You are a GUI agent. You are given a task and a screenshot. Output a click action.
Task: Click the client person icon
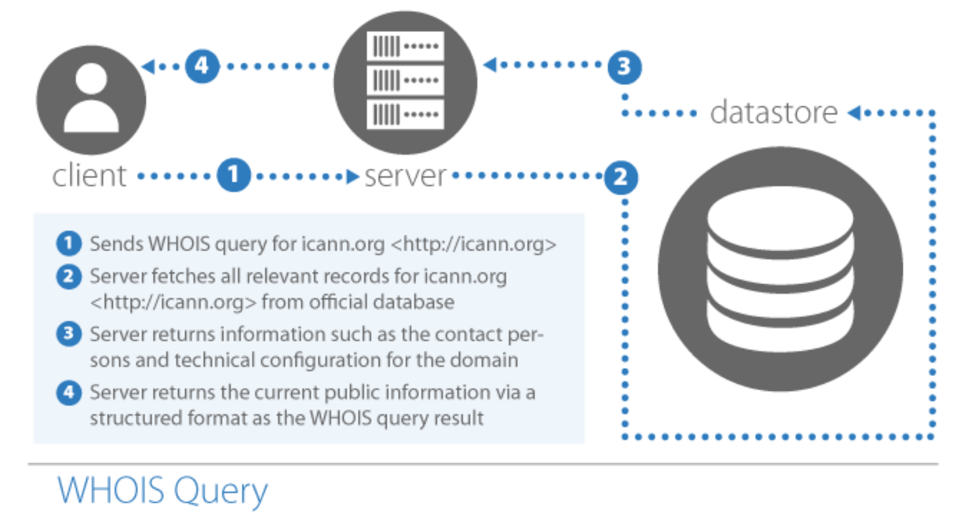pos(91,99)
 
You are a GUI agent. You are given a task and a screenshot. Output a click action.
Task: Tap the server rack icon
pos(405,82)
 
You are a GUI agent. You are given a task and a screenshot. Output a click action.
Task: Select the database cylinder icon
pos(780,269)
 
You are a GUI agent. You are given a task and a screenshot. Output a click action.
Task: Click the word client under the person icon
pos(90,176)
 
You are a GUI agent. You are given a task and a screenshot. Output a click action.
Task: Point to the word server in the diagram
pos(405,176)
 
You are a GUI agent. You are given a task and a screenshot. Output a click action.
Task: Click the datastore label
pos(774,113)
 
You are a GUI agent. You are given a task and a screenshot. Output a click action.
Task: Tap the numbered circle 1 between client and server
pos(234,175)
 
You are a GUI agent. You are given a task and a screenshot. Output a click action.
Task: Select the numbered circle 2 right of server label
pos(621,177)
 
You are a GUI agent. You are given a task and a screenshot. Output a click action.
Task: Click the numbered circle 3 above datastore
pos(624,67)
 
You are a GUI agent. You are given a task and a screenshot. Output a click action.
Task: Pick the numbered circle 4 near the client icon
pos(202,66)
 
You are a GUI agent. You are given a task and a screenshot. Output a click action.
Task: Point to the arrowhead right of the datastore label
pos(854,113)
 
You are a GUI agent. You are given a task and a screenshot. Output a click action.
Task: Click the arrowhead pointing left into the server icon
pos(489,65)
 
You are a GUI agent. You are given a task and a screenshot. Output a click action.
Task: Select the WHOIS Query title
pos(163,490)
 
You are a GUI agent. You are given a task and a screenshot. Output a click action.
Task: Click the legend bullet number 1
pos(69,243)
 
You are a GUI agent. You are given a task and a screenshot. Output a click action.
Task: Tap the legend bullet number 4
pos(69,392)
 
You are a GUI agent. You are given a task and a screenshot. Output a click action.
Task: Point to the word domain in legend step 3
pos(484,360)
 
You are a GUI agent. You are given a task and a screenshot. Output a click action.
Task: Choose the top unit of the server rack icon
pos(405,46)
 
